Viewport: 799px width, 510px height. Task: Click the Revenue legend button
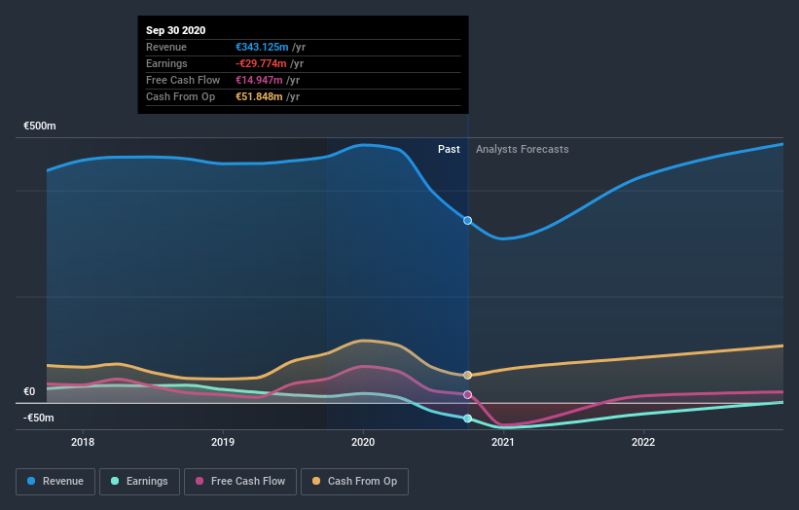pyautogui.click(x=56, y=481)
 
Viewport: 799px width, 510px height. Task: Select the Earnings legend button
pyautogui.click(x=140, y=481)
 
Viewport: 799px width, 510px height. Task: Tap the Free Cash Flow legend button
pyautogui.click(x=240, y=481)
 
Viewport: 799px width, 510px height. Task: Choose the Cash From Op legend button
pyautogui.click(x=355, y=481)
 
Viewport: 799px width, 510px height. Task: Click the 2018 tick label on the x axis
pyautogui.click(x=83, y=440)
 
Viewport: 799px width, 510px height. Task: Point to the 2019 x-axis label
pyautogui.click(x=223, y=440)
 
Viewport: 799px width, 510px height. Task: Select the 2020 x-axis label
pyautogui.click(x=363, y=440)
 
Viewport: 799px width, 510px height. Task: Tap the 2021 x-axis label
pyautogui.click(x=503, y=440)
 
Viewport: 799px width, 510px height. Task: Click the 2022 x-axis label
pyautogui.click(x=643, y=440)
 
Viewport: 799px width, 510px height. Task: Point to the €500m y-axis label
pyautogui.click(x=40, y=127)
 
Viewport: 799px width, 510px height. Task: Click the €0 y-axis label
pyautogui.click(x=30, y=392)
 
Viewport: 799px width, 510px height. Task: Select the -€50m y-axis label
pyautogui.click(x=39, y=418)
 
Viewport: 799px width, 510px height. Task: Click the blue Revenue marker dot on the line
pyautogui.click(x=468, y=221)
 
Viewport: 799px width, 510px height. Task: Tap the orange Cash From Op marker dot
pyautogui.click(x=468, y=375)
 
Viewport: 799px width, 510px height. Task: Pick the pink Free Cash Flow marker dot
pyautogui.click(x=468, y=395)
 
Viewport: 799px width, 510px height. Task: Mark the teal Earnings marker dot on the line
pyautogui.click(x=468, y=419)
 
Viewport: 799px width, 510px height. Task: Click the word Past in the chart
pyautogui.click(x=449, y=149)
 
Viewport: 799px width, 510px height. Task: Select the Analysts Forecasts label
pyautogui.click(x=522, y=149)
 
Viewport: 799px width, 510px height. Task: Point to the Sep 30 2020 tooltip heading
pyautogui.click(x=177, y=30)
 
